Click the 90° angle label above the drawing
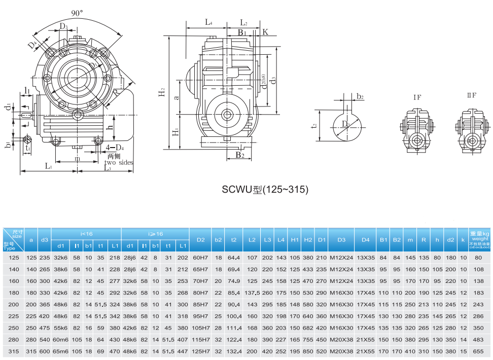click(78, 14)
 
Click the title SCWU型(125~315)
click(265, 190)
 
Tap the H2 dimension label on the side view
click(161, 92)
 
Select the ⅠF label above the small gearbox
click(417, 96)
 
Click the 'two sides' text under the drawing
click(119, 162)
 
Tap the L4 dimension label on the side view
click(208, 22)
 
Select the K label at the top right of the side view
click(265, 32)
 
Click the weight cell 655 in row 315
click(477, 351)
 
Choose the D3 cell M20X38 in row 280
click(341, 340)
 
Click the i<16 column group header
click(86, 234)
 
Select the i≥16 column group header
click(155, 234)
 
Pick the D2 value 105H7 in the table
click(201, 328)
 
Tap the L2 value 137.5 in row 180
click(252, 293)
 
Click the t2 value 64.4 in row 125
click(234, 258)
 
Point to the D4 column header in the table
click(365, 239)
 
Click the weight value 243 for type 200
click(477, 304)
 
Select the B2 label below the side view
click(240, 155)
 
